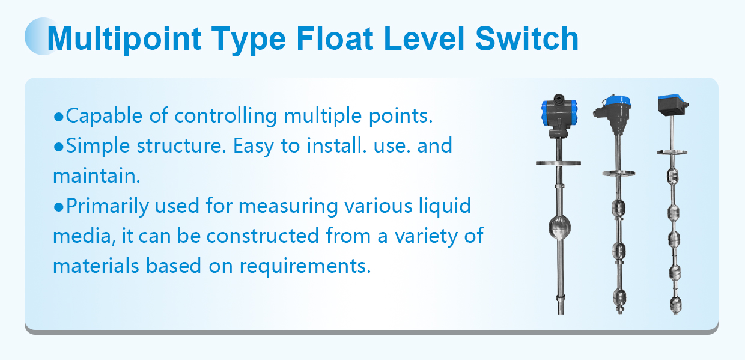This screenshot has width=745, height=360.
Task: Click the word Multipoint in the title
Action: click(x=124, y=40)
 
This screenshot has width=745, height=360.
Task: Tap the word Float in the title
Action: click(x=335, y=39)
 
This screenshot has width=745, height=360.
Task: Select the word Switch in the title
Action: click(x=527, y=39)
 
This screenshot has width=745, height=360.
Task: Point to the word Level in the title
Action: click(x=424, y=39)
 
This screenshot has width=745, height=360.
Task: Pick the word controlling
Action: click(x=225, y=117)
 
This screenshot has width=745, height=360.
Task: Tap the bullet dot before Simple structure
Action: click(x=58, y=147)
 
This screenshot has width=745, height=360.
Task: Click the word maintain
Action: click(x=97, y=175)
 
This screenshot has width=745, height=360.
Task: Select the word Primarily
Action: click(x=107, y=206)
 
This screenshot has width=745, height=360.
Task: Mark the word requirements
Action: click(x=305, y=266)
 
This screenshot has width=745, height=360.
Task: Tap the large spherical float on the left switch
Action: click(x=559, y=227)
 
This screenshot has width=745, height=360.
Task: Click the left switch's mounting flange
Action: click(x=558, y=163)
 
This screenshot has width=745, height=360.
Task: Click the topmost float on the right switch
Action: click(x=672, y=176)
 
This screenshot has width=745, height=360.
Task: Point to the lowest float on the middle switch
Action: click(x=619, y=298)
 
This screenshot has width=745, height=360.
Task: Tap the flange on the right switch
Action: click(x=672, y=153)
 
